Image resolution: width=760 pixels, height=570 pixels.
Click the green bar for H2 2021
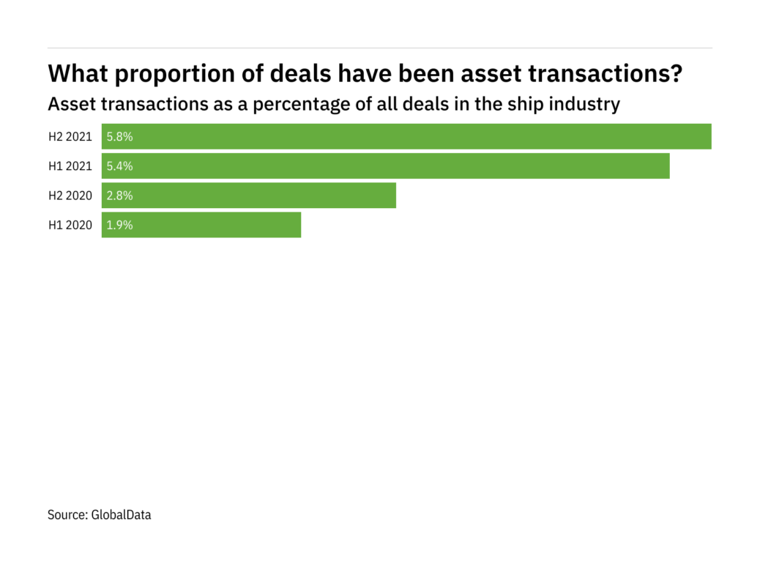[x=406, y=136]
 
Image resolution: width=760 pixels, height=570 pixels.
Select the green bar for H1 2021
[x=386, y=166]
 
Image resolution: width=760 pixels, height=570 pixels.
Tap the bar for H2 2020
[x=249, y=196]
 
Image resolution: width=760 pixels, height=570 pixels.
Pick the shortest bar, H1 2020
[x=201, y=225]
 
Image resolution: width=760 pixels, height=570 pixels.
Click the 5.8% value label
[x=119, y=136]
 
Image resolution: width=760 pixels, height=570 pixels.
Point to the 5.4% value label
[x=119, y=166]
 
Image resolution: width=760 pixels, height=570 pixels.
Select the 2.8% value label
[x=119, y=196]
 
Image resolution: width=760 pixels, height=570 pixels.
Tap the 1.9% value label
[x=119, y=225]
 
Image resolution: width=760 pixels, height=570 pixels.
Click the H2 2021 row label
[x=70, y=136]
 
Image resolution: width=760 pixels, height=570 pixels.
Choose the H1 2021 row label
[x=70, y=166]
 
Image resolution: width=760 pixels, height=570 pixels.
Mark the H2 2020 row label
[x=70, y=196]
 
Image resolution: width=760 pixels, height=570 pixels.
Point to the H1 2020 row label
[x=70, y=225]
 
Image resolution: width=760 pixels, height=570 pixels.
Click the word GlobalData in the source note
[x=121, y=515]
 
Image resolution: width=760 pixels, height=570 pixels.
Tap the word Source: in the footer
[x=67, y=515]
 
